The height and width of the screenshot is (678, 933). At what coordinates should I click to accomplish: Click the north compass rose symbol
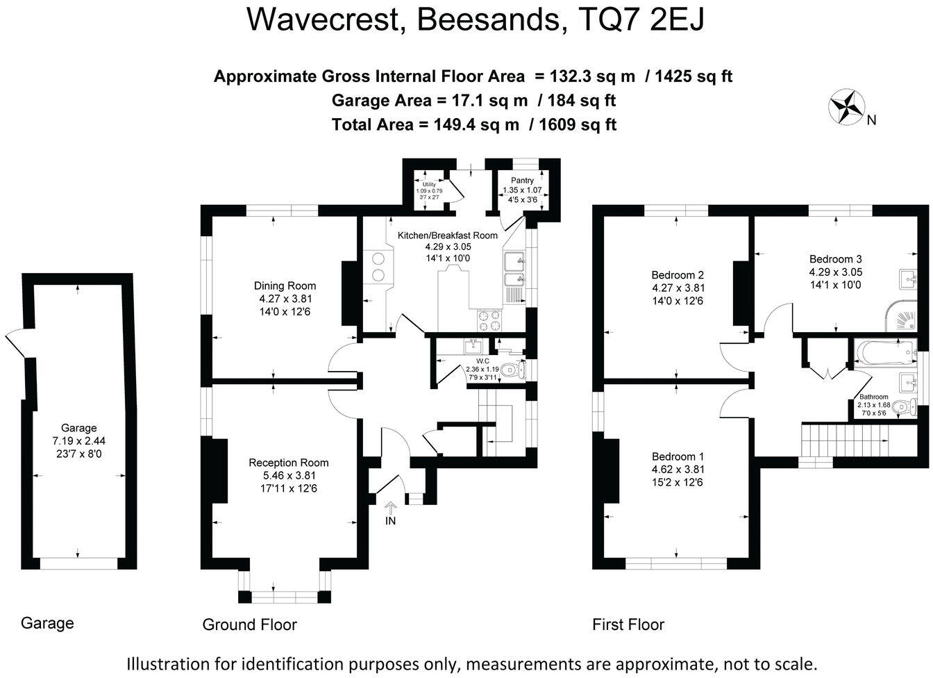click(846, 107)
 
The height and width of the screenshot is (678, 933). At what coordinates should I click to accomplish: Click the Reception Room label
click(289, 463)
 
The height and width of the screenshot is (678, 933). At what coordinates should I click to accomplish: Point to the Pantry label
click(522, 181)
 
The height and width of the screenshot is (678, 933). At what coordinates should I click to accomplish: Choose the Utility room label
click(428, 184)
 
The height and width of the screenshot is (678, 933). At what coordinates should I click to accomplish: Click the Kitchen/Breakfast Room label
click(448, 235)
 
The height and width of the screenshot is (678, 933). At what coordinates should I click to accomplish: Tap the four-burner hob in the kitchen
click(488, 320)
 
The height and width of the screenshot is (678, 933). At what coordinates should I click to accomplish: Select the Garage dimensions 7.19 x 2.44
click(78, 440)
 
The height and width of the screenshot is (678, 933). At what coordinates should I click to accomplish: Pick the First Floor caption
click(628, 625)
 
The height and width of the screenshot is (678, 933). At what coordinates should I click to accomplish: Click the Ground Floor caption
click(249, 625)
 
